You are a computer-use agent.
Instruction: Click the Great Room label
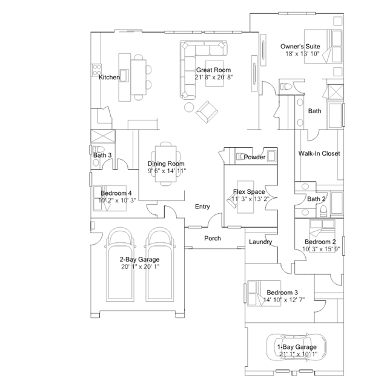pos(214,70)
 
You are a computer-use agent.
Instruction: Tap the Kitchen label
pos(109,78)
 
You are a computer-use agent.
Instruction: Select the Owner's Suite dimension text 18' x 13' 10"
pos(302,53)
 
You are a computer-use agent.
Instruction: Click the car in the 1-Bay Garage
pos(296,347)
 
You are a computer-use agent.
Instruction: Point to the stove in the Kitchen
pos(97,70)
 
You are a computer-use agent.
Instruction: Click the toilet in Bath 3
pos(98,150)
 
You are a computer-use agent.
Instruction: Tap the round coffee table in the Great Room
pos(190,107)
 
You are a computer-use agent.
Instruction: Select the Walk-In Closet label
pos(319,153)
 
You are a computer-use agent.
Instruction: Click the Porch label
pos(213,238)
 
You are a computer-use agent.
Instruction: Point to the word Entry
pos(202,207)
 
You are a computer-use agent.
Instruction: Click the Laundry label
pos(260,242)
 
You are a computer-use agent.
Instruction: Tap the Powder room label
pos(254,157)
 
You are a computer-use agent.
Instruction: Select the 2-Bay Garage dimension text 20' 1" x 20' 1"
pos(140,266)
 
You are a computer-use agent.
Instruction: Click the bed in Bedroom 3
pos(264,293)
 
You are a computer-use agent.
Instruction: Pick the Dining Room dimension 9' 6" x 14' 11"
pos(167,171)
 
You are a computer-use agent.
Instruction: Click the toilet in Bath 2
pos(323,211)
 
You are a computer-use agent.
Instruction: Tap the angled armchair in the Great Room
pos(207,112)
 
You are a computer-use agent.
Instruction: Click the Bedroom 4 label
pos(116,193)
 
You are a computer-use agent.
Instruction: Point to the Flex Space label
pos(249,192)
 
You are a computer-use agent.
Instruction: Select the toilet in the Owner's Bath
pos(286,87)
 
